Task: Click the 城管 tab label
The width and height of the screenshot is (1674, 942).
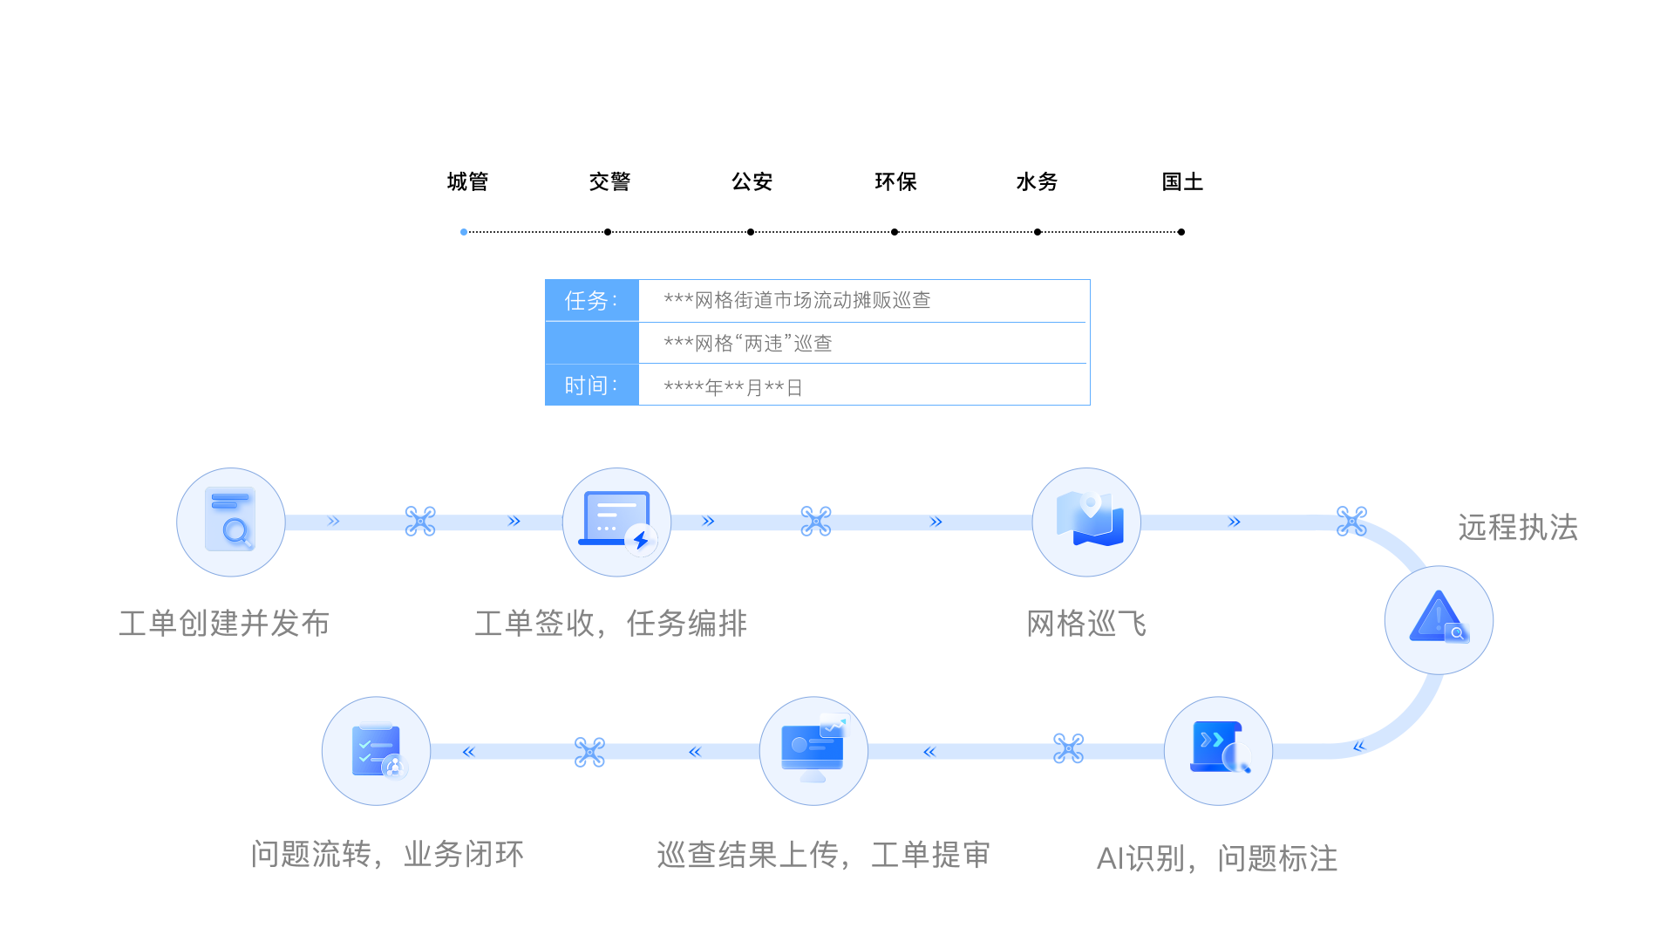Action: coord(467,181)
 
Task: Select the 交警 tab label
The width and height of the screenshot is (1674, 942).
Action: coord(609,181)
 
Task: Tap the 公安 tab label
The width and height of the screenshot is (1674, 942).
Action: coord(752,181)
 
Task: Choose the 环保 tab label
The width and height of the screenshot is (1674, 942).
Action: coord(895,181)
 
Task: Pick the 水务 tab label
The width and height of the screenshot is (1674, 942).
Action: coord(1037,181)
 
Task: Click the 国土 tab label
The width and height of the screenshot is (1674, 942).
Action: coord(1181,181)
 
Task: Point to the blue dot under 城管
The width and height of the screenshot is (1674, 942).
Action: coord(464,232)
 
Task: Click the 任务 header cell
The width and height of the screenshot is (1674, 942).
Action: coord(592,301)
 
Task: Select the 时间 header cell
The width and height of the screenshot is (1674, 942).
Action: coord(592,386)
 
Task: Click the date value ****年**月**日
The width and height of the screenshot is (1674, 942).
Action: coord(732,387)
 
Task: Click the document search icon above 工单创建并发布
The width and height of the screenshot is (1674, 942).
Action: coord(231,522)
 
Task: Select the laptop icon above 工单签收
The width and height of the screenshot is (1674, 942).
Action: coord(616,522)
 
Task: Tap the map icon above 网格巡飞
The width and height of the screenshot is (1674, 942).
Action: coord(1086,522)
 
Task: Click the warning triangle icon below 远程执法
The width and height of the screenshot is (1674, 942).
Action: coord(1439,619)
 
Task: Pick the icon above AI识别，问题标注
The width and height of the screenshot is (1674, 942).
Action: coord(1218,750)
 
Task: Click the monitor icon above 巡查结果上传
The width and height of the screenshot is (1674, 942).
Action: coord(813,750)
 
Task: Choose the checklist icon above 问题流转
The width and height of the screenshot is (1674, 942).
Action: coord(376,750)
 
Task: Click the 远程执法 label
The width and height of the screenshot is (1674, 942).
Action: coord(1518,528)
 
